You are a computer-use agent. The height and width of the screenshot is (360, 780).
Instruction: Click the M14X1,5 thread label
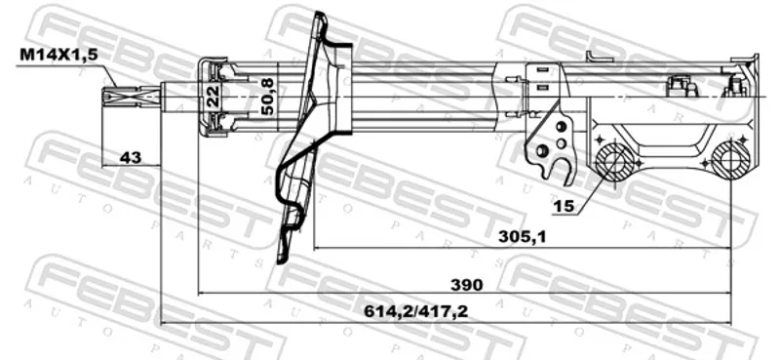click(x=58, y=56)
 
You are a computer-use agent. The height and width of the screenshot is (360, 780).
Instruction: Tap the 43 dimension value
click(x=131, y=158)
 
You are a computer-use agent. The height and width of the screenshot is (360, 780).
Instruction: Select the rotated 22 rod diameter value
click(x=213, y=97)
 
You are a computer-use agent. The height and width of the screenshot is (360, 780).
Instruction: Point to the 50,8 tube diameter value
click(x=269, y=97)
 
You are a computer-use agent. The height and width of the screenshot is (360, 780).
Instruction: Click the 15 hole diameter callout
click(x=565, y=205)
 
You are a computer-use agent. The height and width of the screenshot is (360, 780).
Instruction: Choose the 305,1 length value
click(x=523, y=237)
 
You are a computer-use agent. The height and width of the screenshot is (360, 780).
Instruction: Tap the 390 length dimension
click(x=466, y=285)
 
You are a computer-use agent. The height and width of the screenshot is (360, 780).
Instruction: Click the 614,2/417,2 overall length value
click(x=416, y=312)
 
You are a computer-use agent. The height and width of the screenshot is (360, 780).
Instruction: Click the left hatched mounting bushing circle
click(x=616, y=162)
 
